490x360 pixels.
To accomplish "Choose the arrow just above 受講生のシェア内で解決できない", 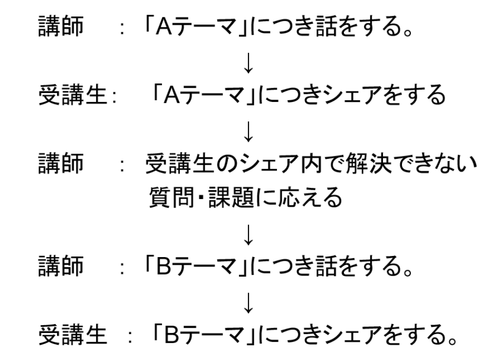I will tap(248, 136).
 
